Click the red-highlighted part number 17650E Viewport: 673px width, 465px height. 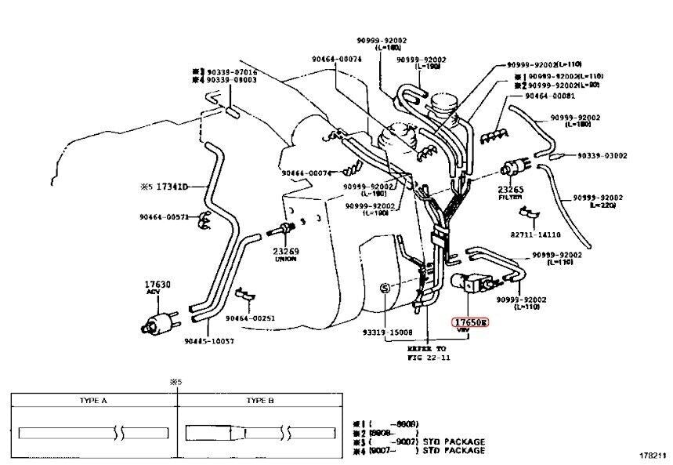pyautogui.click(x=470, y=322)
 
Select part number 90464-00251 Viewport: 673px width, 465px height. pyautogui.click(x=251, y=318)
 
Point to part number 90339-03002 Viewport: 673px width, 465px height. pyautogui.click(x=602, y=155)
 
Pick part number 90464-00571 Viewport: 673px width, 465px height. pyautogui.click(x=165, y=217)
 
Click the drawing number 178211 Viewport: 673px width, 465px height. pyautogui.click(x=652, y=455)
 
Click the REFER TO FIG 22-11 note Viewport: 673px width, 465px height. pyautogui.click(x=430, y=351)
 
